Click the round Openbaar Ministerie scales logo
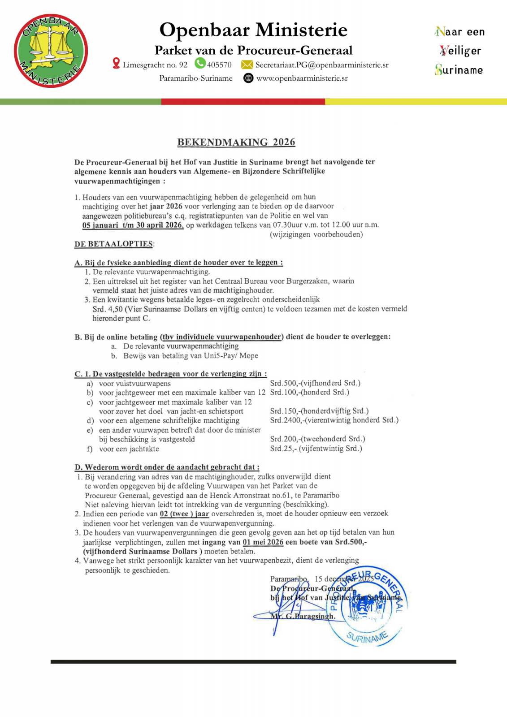[x=51, y=51]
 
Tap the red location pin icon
[x=116, y=64]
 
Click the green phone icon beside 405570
[x=200, y=64]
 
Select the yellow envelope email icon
[x=247, y=65]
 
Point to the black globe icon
[x=248, y=78]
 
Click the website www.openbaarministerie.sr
[x=302, y=78]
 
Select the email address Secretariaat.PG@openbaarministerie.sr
[x=321, y=65]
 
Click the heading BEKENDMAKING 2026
[x=236, y=142]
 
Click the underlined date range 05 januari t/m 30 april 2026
[x=133, y=225]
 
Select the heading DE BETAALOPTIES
[x=114, y=244]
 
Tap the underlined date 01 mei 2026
[x=263, y=542]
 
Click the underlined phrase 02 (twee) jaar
[x=184, y=514]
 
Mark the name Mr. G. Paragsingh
[x=303, y=616]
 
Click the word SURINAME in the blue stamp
[x=367, y=637]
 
